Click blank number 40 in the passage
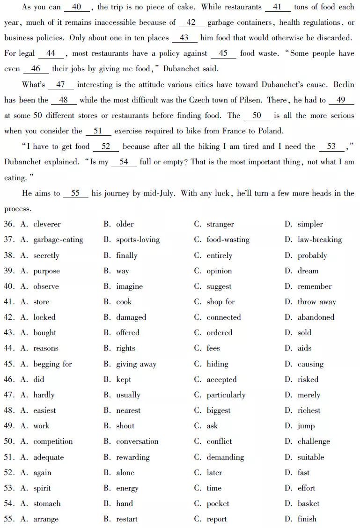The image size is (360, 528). point(77,7)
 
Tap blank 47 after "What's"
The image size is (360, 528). point(60,85)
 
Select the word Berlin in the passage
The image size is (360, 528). point(344,85)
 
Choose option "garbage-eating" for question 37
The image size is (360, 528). point(58,240)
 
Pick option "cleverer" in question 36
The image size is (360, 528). point(47,224)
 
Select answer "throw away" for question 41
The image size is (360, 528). point(316,302)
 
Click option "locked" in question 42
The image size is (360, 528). point(44,317)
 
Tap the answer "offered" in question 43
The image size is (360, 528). point(128,333)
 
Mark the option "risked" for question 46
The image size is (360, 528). point(308,380)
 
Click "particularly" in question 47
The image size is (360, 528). point(226,395)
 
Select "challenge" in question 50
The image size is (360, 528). point(314,441)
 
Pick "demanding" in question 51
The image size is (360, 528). point(225,457)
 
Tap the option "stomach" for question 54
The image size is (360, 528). point(47,504)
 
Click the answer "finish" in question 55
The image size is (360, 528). point(307,519)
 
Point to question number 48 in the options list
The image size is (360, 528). point(9,411)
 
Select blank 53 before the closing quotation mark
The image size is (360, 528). point(331,147)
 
